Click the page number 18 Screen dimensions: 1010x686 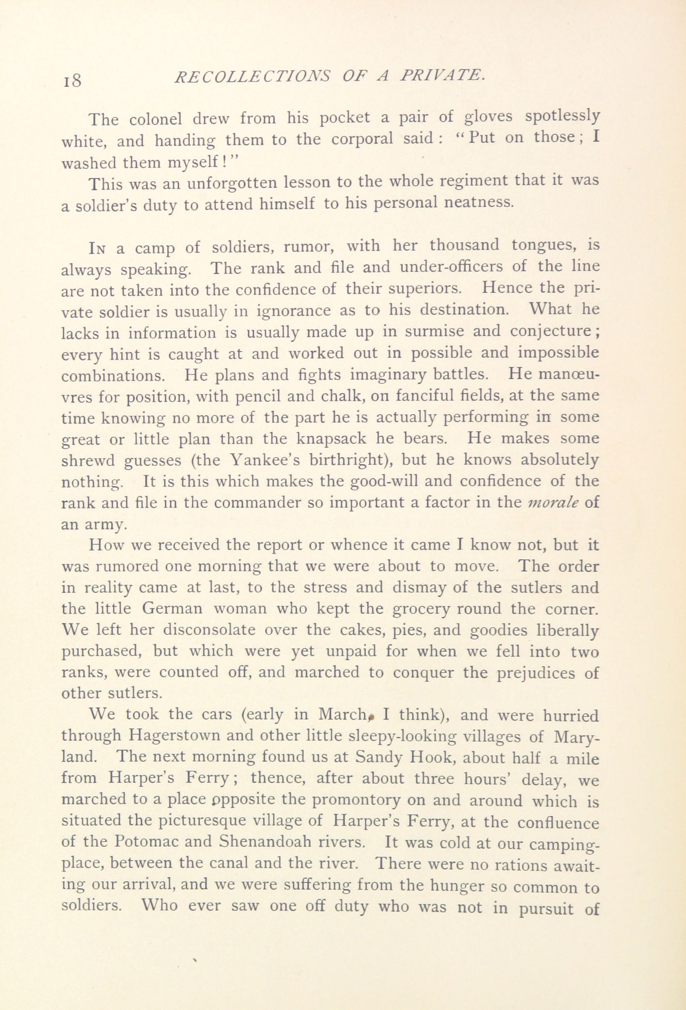(71, 80)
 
